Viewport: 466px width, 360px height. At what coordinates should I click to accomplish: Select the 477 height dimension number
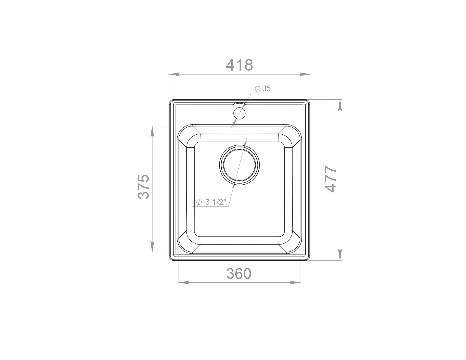point(331,179)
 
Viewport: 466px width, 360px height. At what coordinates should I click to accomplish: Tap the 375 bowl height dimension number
point(143,187)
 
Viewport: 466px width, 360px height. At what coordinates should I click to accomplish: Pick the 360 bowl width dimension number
point(239,274)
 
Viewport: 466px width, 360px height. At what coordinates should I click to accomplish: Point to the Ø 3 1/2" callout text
point(211,202)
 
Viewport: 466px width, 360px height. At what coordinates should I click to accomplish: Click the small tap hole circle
point(239,113)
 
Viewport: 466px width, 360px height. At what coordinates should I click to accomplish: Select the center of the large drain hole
point(239,165)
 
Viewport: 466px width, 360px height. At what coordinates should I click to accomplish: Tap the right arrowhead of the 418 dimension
point(304,75)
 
